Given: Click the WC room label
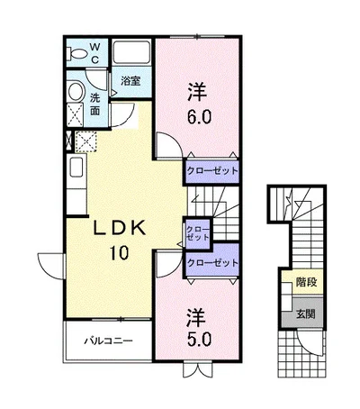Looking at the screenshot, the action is click(x=94, y=53).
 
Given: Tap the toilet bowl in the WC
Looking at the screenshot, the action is click(x=77, y=54).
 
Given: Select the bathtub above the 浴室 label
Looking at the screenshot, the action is click(x=131, y=52).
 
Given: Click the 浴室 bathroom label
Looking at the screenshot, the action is click(x=130, y=81).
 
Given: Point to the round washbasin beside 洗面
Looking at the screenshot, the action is click(x=76, y=91).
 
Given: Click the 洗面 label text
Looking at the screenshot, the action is click(x=95, y=105).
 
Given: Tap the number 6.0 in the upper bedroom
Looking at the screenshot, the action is click(x=199, y=117).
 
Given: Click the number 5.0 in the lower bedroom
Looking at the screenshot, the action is click(x=199, y=340).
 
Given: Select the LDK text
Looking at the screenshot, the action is click(x=120, y=228).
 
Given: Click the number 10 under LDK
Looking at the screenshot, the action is click(x=120, y=252).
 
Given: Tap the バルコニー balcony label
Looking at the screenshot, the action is click(x=108, y=341).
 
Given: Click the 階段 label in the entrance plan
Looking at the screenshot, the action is click(x=306, y=282).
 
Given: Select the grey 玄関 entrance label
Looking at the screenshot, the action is click(x=306, y=314).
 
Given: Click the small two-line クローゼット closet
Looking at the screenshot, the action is click(x=198, y=233).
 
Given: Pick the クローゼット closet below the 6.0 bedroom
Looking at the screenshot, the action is click(x=212, y=171).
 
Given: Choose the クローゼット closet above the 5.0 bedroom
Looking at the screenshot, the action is click(x=212, y=263).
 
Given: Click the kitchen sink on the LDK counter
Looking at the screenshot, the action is click(x=76, y=169).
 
